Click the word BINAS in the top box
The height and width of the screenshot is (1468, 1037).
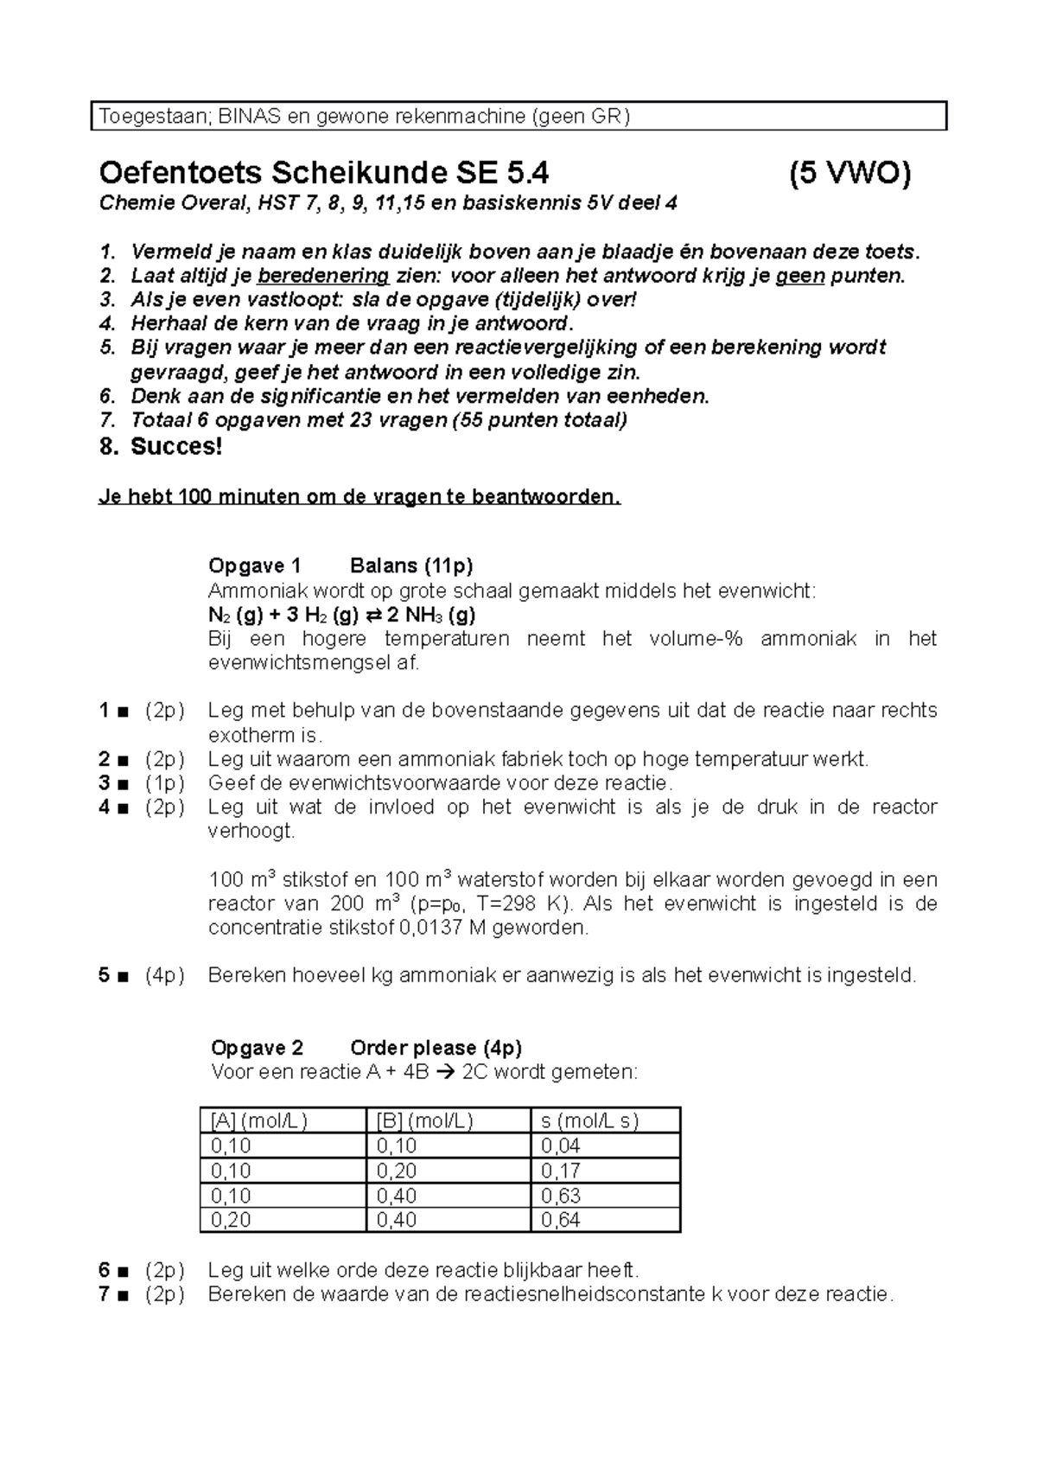pos(249,117)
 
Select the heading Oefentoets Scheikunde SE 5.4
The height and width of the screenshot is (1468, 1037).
pos(324,174)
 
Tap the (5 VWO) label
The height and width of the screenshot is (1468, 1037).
pos(849,174)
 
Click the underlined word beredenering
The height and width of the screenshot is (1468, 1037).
pos(323,276)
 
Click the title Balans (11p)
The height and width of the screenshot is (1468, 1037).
pos(411,566)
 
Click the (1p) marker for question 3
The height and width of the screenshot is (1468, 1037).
pos(164,783)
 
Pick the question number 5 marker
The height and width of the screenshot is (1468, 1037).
pos(105,976)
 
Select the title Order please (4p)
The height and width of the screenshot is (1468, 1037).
pos(436,1048)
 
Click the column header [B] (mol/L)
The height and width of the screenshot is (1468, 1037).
pos(424,1121)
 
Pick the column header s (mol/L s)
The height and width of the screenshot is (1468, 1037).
pos(589,1121)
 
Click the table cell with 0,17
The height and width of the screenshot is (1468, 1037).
pos(561,1171)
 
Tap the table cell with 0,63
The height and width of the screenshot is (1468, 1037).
pos(561,1196)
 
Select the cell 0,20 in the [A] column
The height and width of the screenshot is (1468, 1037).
pos(231,1220)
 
